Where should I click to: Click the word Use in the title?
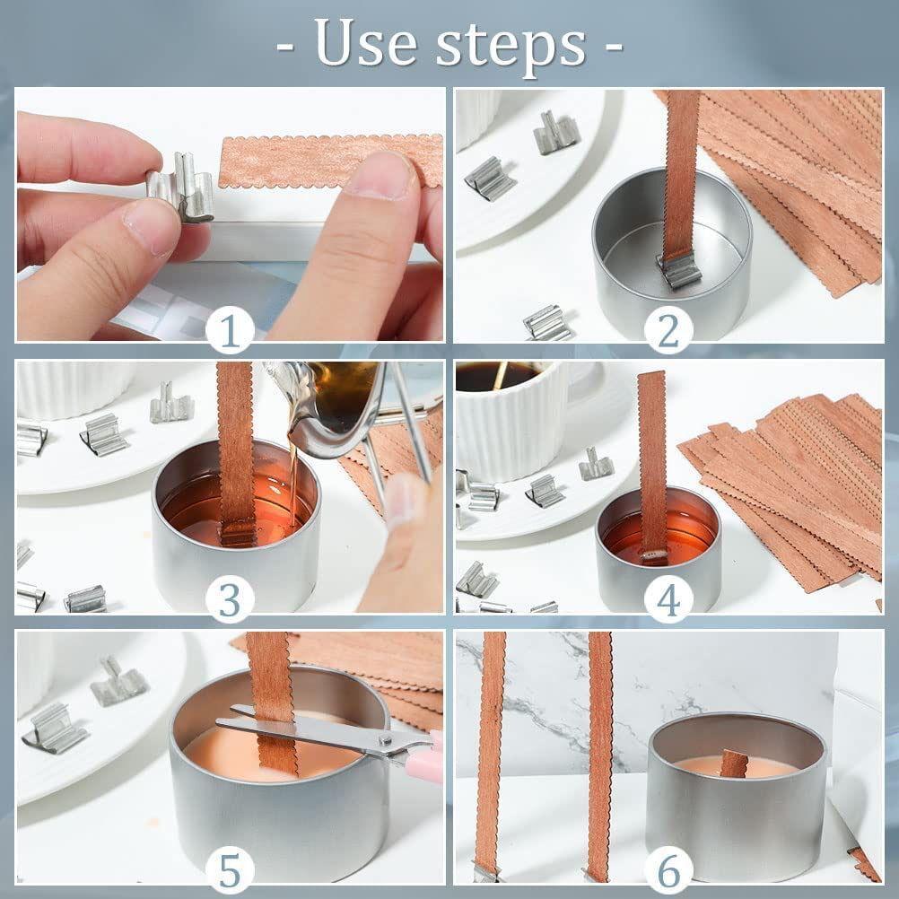click(x=365, y=43)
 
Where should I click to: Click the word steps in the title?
click(x=511, y=47)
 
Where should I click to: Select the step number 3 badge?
click(x=230, y=601)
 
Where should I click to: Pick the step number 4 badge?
click(x=668, y=601)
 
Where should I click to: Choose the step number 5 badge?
click(x=230, y=870)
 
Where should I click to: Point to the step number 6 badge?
click(x=668, y=870)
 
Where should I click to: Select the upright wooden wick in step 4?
click(x=652, y=465)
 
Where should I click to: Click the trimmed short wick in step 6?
click(x=734, y=764)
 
